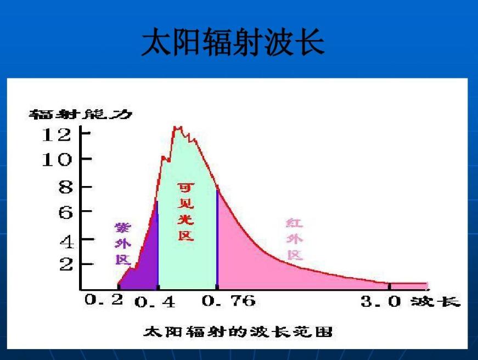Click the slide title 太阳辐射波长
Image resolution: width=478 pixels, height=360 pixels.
pyautogui.click(x=233, y=43)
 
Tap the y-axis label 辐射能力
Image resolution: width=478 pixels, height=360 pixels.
pyautogui.click(x=81, y=115)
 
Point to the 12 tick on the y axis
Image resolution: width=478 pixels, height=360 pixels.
pyautogui.click(x=57, y=134)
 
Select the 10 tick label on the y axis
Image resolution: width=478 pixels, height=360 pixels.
pyautogui.click(x=57, y=160)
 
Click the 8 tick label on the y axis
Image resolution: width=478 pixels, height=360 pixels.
pyautogui.click(x=66, y=187)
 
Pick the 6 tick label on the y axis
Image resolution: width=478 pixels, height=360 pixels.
pyautogui.click(x=66, y=212)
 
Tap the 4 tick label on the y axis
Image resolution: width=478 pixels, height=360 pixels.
pyautogui.click(x=66, y=240)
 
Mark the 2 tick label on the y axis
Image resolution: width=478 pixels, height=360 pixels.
pyautogui.click(x=66, y=265)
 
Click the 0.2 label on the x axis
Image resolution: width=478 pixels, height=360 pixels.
pyautogui.click(x=104, y=300)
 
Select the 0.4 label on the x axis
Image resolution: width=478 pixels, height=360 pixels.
pyautogui.click(x=155, y=302)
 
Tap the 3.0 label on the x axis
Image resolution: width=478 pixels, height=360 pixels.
pyautogui.click(x=380, y=301)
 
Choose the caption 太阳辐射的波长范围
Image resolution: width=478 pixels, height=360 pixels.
pyautogui.click(x=238, y=332)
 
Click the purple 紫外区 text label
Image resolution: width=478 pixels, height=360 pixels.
pyautogui.click(x=123, y=244)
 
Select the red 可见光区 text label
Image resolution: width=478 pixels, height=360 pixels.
pyautogui.click(x=185, y=212)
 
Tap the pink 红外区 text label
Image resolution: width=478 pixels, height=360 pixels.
pyautogui.click(x=295, y=239)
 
